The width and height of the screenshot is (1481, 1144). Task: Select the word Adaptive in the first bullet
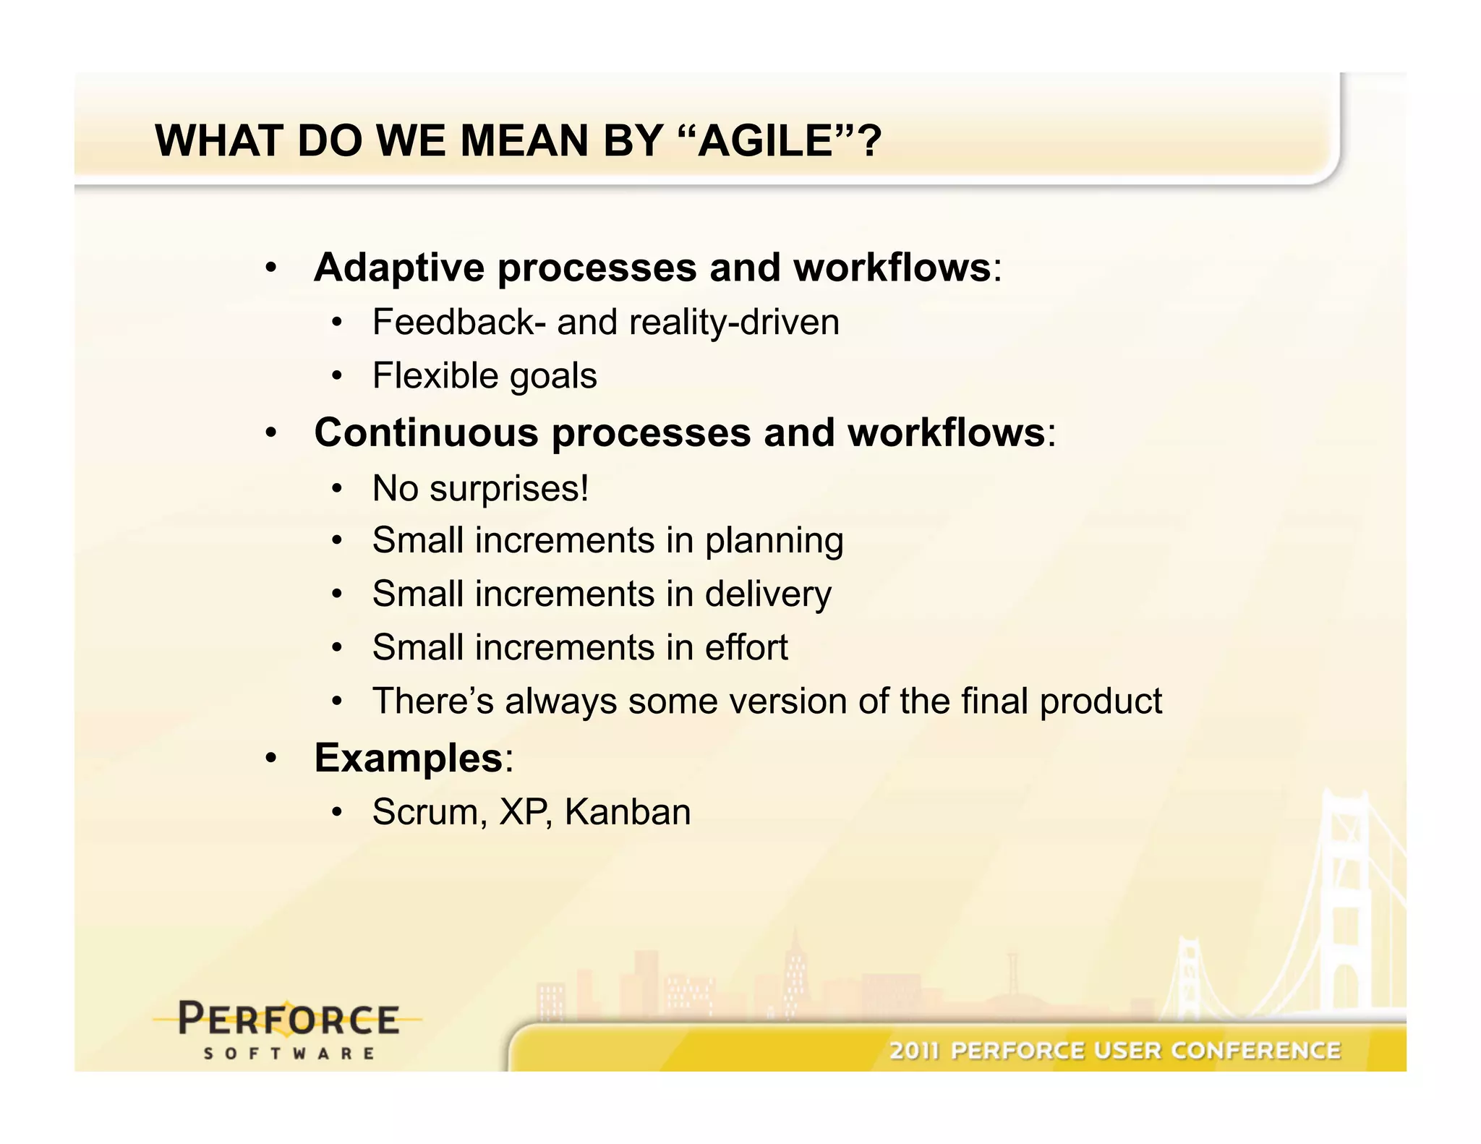click(x=399, y=268)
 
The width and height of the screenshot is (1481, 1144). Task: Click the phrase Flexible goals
click(x=485, y=376)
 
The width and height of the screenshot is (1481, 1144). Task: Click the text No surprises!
click(x=480, y=488)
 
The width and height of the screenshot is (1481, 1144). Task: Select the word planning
click(x=774, y=541)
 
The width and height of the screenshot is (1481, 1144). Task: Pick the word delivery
click(x=768, y=594)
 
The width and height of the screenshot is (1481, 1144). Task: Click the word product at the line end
click(x=1101, y=701)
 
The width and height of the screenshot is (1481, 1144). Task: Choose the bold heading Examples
click(x=409, y=758)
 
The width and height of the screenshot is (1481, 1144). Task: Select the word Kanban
click(x=628, y=812)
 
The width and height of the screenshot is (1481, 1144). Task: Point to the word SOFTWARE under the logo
click(x=289, y=1054)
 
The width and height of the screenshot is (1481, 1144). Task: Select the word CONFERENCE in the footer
click(x=1256, y=1050)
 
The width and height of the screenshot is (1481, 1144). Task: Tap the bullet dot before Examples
click(x=270, y=759)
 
